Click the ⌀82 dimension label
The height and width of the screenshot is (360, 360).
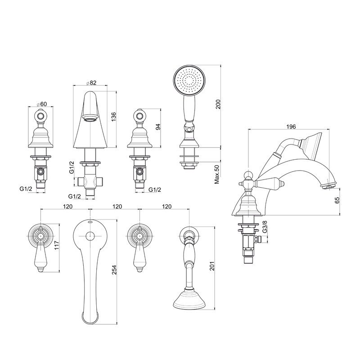click(91, 83)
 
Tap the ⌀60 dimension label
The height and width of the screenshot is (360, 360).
click(41, 104)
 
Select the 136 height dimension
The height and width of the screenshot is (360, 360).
click(113, 117)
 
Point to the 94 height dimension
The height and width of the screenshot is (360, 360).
click(158, 127)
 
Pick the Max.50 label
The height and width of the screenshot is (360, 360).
click(217, 174)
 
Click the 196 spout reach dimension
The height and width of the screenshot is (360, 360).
click(291, 126)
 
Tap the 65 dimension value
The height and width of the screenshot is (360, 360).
click(337, 200)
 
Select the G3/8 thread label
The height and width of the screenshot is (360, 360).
click(265, 227)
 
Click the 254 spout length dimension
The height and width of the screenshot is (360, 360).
click(114, 270)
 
